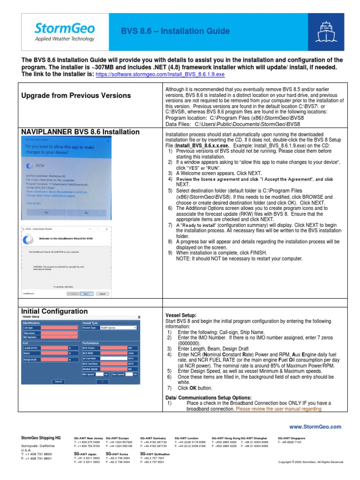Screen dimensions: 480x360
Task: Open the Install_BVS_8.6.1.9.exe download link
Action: pyautogui.click(x=160, y=74)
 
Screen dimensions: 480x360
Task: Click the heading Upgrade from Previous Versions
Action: pyautogui.click(x=76, y=96)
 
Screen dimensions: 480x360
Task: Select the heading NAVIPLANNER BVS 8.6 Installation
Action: pyautogui.click(x=80, y=132)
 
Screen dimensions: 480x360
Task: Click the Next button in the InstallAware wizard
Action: pyautogui.click(x=86, y=294)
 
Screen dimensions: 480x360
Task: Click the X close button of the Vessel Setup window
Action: pyautogui.click(x=139, y=317)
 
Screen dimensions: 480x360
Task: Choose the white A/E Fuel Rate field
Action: pyautogui.click(x=113, y=358)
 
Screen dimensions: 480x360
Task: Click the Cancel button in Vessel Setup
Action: pyautogui.click(x=58, y=382)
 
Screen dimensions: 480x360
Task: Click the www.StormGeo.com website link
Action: pyautogui.click(x=315, y=427)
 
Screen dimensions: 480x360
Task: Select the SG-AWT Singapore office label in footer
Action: pyautogui.click(x=291, y=437)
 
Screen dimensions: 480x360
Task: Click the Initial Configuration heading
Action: pyautogui.click(x=54, y=311)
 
